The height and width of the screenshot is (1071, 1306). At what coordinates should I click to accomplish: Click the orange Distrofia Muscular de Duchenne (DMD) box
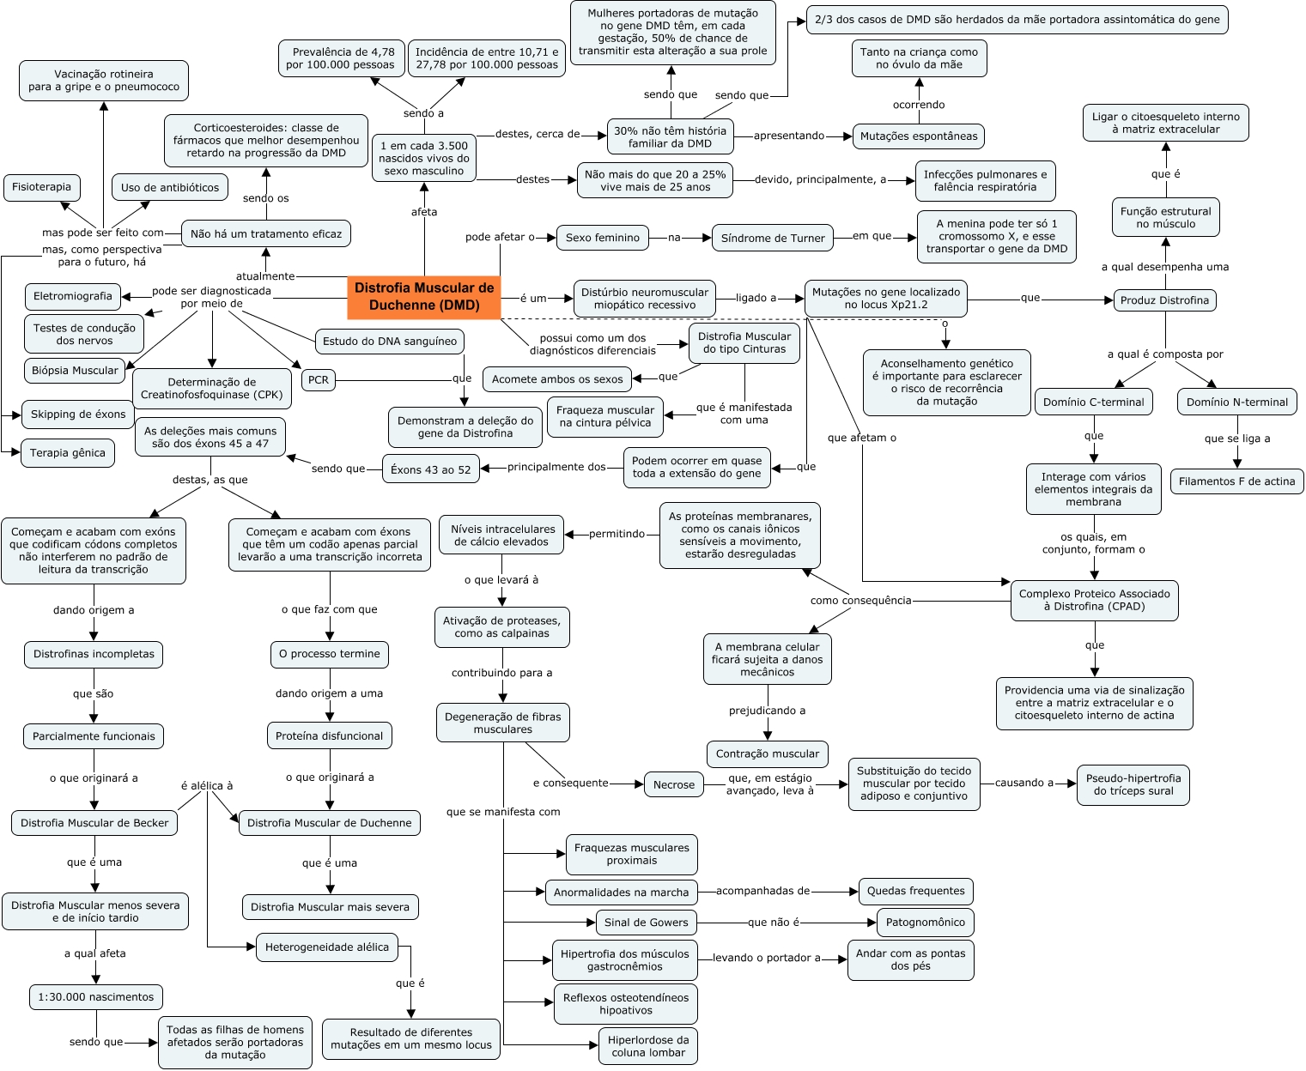[424, 296]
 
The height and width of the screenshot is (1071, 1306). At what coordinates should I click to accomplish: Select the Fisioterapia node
[42, 187]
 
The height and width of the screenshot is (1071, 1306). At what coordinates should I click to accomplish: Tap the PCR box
[319, 380]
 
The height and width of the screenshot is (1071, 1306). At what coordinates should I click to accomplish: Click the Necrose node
[674, 784]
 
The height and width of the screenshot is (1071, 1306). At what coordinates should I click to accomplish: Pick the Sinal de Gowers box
[646, 923]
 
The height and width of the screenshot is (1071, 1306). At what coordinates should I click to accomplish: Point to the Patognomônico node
[925, 923]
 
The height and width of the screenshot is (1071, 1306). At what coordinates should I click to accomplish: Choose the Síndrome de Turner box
[773, 238]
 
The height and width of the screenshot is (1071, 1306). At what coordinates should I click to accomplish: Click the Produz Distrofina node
[1165, 300]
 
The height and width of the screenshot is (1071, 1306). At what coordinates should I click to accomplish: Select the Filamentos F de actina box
[1236, 481]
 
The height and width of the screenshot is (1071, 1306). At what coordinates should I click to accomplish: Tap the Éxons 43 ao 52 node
[431, 469]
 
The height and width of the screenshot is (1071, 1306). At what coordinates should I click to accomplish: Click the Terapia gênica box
[68, 453]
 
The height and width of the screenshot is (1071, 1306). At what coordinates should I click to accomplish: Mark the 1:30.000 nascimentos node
[96, 997]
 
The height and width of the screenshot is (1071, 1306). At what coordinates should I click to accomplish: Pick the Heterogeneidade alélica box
[327, 947]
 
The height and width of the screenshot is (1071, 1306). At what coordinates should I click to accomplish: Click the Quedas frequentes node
[916, 891]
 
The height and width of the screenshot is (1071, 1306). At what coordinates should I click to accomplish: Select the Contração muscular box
[768, 754]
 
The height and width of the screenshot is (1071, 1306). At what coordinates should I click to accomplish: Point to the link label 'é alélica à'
[207, 786]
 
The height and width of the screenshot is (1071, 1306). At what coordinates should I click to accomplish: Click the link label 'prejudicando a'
[768, 711]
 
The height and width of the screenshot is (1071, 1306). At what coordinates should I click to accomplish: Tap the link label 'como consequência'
[860, 601]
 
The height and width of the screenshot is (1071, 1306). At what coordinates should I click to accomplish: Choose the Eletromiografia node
[73, 296]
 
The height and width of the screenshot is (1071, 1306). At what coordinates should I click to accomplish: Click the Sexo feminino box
[603, 238]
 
